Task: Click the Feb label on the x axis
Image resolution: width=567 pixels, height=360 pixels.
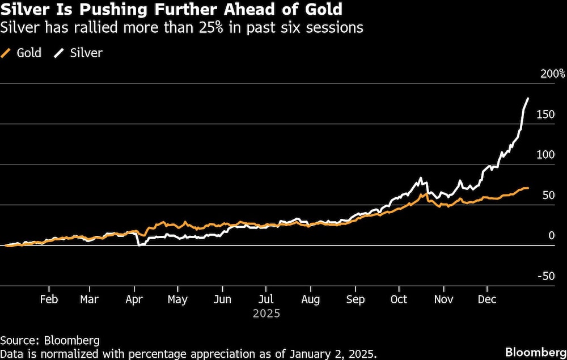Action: point(49,299)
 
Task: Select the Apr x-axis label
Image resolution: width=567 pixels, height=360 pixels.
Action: point(134,299)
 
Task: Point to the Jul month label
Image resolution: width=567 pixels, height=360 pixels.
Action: point(266,299)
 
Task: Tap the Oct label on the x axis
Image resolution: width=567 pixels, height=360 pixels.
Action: point(399,299)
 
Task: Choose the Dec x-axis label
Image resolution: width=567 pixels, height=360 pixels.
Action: point(488,299)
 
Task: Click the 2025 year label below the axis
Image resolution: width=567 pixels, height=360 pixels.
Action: point(266,312)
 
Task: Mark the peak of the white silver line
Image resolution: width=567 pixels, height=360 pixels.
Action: point(528,99)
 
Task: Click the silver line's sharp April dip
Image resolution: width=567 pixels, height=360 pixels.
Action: point(139,244)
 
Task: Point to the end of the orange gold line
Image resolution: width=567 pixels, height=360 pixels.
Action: point(528,188)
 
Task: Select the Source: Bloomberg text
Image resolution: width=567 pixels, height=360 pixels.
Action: point(50,340)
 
